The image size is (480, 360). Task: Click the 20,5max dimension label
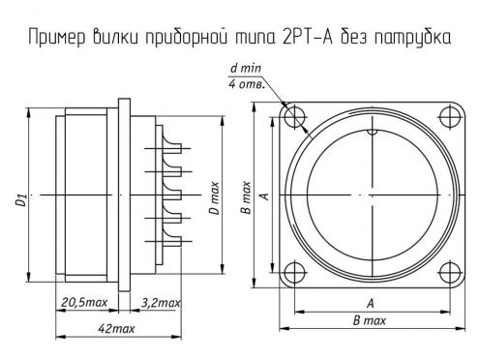[x=84, y=303]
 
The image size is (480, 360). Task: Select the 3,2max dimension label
[x=161, y=303]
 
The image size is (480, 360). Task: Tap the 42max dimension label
[x=116, y=329]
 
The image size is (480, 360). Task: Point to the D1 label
[x=20, y=200]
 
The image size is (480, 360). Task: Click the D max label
[x=214, y=197]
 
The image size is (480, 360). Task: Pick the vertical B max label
[x=246, y=197]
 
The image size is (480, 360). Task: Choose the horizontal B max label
[x=370, y=320]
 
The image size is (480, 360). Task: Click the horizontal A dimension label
[x=371, y=303]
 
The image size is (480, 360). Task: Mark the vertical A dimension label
[x=264, y=196]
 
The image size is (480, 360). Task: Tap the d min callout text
[x=246, y=68]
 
